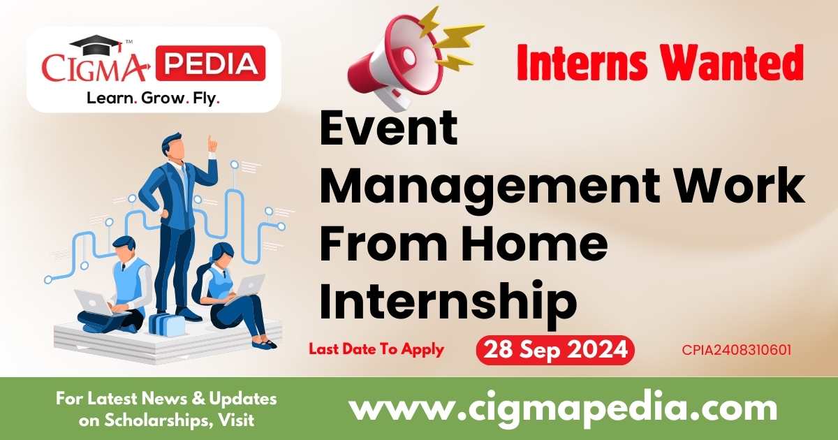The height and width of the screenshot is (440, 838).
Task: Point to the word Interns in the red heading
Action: coord(576,64)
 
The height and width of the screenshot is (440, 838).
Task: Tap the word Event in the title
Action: coord(388,130)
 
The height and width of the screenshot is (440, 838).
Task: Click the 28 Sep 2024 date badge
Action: coord(554,349)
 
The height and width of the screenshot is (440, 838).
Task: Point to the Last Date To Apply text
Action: coord(376,349)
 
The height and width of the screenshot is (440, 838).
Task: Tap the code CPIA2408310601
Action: coord(737,350)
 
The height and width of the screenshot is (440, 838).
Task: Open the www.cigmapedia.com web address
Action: coord(562,407)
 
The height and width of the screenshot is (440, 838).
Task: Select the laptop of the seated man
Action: coord(92,302)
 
